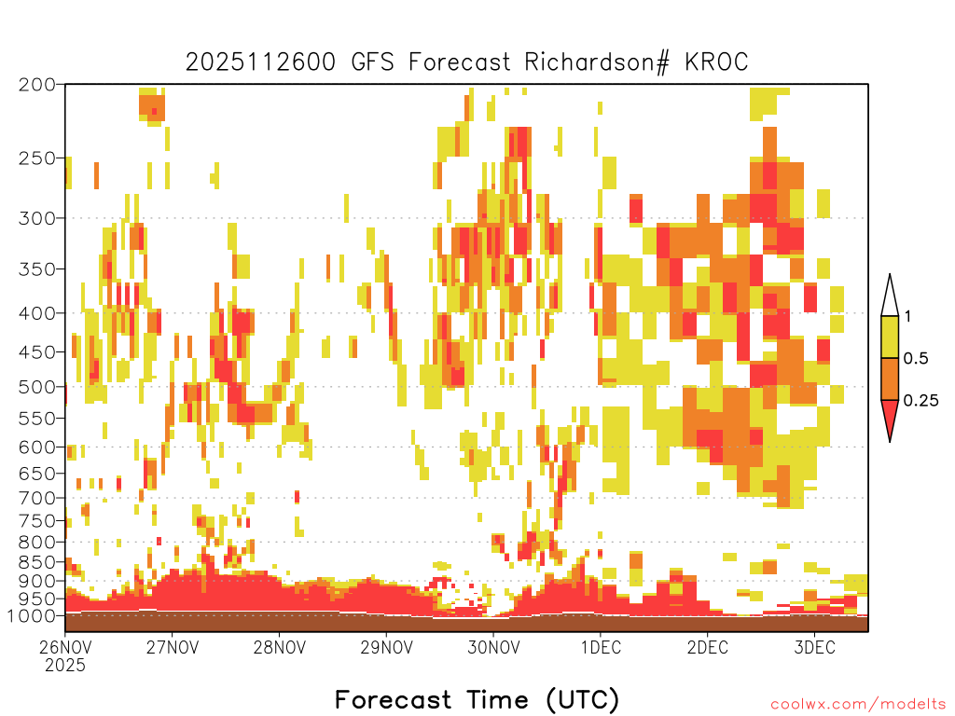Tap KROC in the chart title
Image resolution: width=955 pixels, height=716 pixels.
pyautogui.click(x=716, y=62)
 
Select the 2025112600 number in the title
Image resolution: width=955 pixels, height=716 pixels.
pyautogui.click(x=260, y=62)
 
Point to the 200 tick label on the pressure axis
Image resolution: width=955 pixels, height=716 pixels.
pyautogui.click(x=36, y=85)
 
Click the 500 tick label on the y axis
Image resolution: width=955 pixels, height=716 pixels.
pyautogui.click(x=36, y=387)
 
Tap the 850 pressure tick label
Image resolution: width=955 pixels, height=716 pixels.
pyautogui.click(x=36, y=561)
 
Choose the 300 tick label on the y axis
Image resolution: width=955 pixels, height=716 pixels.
pyautogui.click(x=36, y=218)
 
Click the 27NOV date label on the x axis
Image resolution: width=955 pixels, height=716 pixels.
pyautogui.click(x=173, y=647)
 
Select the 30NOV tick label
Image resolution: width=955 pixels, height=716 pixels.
pyautogui.click(x=493, y=647)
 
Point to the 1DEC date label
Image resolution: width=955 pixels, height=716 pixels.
pyautogui.click(x=601, y=647)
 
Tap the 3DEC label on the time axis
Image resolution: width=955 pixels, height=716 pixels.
pyautogui.click(x=814, y=647)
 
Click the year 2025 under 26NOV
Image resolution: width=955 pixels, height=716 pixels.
pyautogui.click(x=65, y=665)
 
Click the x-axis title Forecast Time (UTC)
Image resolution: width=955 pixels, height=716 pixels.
pyautogui.click(x=477, y=699)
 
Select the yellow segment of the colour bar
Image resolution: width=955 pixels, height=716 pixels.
pyautogui.click(x=890, y=337)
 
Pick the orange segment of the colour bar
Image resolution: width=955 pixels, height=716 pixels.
pyautogui.click(x=890, y=379)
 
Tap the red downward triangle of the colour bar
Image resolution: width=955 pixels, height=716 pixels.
pyautogui.click(x=890, y=417)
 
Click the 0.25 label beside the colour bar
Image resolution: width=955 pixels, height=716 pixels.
pyautogui.click(x=920, y=401)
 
